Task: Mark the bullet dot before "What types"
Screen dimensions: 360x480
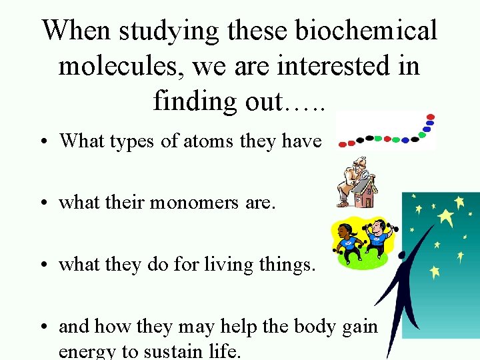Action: (42, 141)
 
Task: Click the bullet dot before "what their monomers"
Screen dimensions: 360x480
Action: (42, 203)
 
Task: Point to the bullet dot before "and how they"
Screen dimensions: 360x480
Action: (42, 327)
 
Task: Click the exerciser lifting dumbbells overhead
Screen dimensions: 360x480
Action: (377, 237)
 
